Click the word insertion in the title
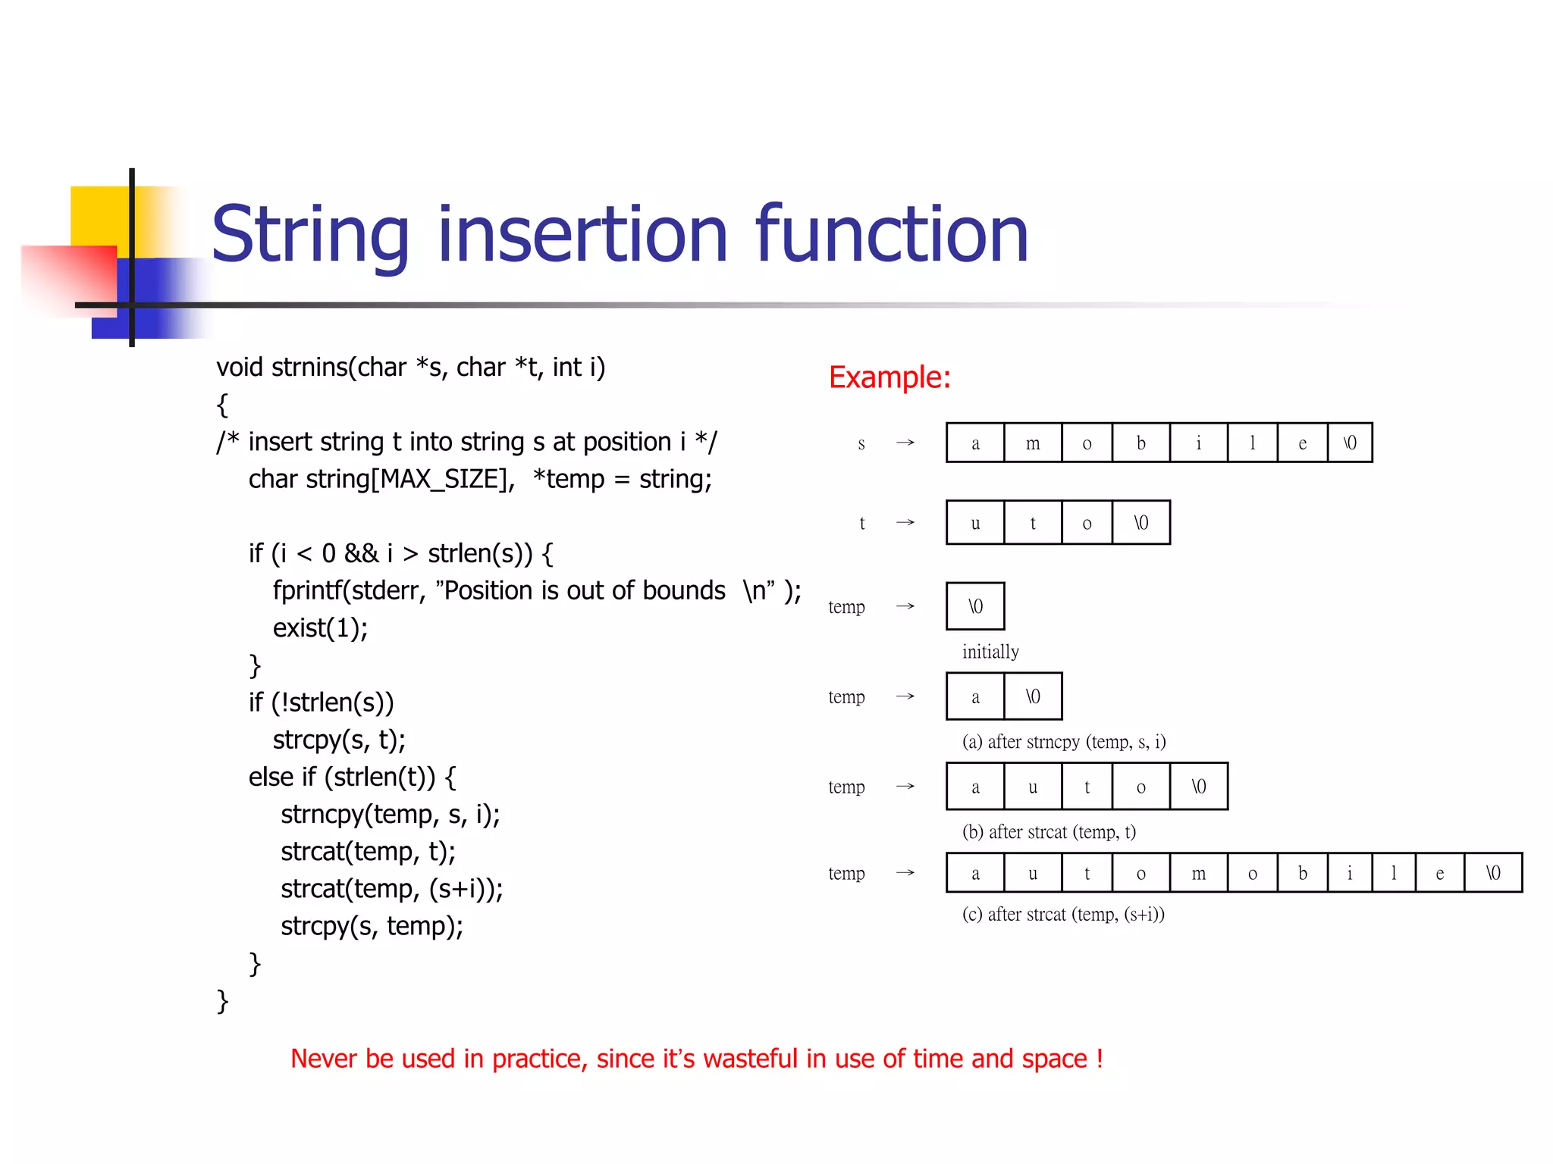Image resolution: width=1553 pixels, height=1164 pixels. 582,235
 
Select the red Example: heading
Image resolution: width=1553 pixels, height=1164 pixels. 889,377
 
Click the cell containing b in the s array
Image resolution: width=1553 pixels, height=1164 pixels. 1140,443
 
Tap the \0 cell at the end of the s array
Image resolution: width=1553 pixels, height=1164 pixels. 1350,443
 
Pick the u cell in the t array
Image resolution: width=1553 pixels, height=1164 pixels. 975,523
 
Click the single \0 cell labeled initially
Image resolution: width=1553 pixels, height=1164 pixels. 975,606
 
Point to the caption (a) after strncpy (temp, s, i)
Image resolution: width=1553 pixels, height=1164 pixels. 1063,742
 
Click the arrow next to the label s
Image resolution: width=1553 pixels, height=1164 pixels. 905,443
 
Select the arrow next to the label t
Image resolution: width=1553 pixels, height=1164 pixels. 905,523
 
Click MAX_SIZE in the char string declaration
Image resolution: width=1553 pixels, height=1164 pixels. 442,480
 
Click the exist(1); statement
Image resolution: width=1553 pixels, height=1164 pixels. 320,628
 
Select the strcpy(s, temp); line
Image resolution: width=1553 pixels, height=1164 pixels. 372,926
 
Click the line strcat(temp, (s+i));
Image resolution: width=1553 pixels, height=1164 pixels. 391,889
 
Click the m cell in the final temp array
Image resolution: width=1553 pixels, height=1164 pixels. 1198,874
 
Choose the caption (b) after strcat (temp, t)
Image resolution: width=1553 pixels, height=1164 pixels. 1048,832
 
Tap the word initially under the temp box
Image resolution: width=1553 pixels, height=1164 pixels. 990,652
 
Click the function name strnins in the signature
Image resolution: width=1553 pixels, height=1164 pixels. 310,368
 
